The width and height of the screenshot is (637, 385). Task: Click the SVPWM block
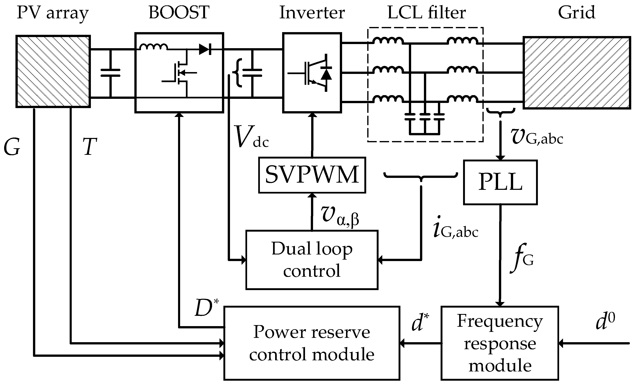coord(312,175)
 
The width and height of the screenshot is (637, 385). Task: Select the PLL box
coord(500,182)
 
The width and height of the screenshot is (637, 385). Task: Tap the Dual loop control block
coord(312,260)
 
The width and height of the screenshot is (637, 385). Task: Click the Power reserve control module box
coord(312,343)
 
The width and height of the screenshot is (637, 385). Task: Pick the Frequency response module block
coord(500,343)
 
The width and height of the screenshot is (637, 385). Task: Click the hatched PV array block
coord(53,71)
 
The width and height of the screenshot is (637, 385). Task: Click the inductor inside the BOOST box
coord(153,47)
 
